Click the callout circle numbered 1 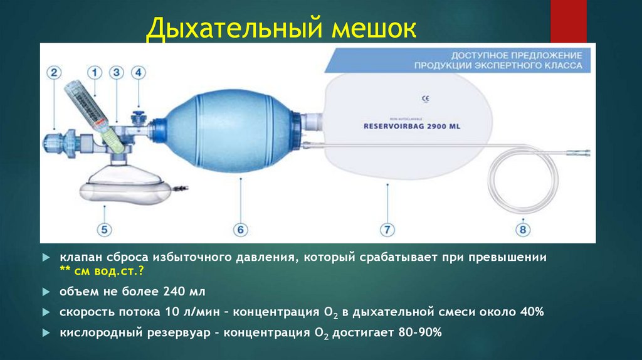coord(95,73)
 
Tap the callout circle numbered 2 coord(55,73)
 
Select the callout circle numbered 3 coord(116,73)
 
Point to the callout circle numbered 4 coord(139,73)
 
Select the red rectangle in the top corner coord(567,20)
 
